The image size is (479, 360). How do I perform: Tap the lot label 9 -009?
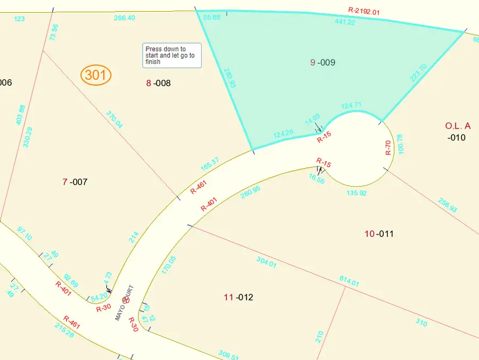[323, 63]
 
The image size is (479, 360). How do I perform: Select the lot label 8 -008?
[159, 83]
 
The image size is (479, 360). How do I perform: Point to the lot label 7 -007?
[75, 182]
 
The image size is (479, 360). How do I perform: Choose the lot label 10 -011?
[379, 233]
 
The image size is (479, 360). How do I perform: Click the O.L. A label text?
[458, 126]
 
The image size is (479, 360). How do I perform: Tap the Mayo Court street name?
[125, 304]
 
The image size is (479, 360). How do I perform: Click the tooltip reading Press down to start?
[172, 55]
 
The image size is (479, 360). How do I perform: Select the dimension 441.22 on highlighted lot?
[345, 22]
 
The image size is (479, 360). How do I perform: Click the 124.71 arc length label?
[351, 104]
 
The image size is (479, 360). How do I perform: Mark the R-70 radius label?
[389, 147]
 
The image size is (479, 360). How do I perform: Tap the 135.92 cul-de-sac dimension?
[356, 193]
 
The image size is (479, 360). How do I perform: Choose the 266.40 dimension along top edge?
[125, 18]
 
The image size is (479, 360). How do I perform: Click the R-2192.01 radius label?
[364, 10]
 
